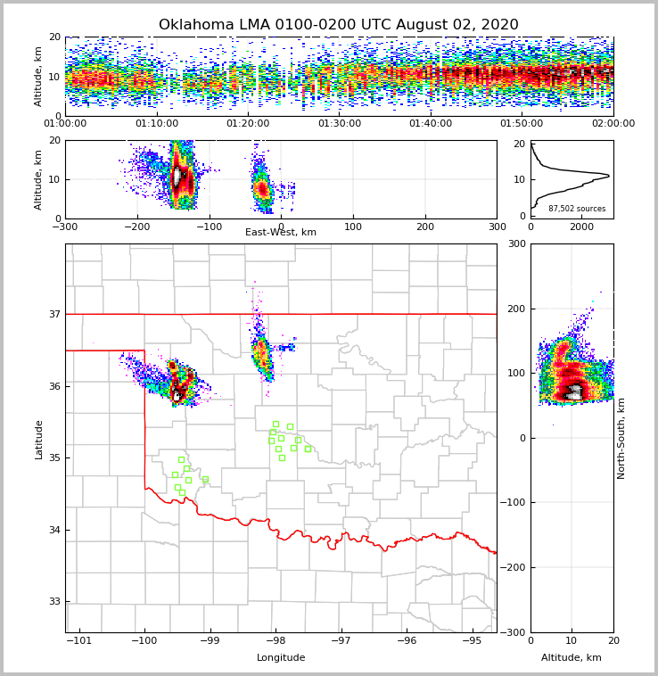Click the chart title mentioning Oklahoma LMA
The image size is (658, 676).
(338, 25)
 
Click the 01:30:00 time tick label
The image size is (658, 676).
(340, 124)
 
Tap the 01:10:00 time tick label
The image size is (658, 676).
(157, 124)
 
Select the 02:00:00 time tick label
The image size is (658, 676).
(613, 124)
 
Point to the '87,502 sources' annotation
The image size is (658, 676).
(577, 209)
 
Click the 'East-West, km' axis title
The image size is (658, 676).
(281, 233)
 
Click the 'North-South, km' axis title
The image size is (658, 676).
(621, 438)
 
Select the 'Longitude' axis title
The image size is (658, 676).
(281, 658)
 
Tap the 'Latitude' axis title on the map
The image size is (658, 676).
(38, 439)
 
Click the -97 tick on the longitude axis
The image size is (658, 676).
(341, 641)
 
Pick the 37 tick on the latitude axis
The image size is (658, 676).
(54, 315)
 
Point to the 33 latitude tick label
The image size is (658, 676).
(54, 602)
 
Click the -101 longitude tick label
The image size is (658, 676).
(79, 641)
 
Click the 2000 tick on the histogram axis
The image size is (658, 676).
(581, 227)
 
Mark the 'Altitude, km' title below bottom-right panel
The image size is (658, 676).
(572, 658)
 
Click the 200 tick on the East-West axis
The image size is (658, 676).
(425, 227)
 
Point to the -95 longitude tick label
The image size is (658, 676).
(473, 641)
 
